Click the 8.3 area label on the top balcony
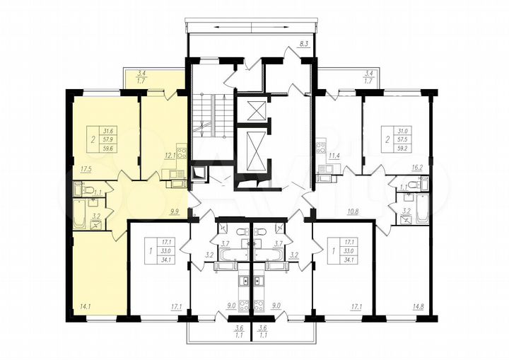pyautogui.click(x=303, y=44)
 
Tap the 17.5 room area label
pyautogui.click(x=86, y=169)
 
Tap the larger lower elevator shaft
pyautogui.click(x=252, y=151)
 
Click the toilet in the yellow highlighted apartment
pyautogui.click(x=88, y=189)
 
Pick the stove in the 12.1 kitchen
pyautogui.click(x=181, y=151)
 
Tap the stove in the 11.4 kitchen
pyautogui.click(x=320, y=149)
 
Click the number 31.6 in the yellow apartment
pyautogui.click(x=109, y=131)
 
